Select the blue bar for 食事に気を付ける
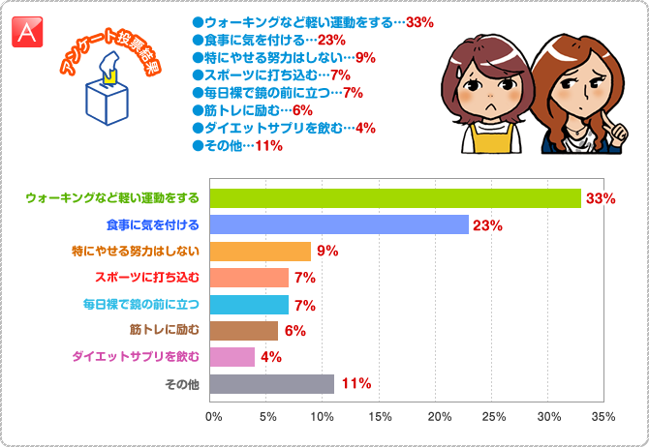pos(339,225)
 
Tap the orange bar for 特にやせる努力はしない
pos(261,252)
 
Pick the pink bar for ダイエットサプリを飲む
pos(233,357)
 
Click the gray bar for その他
pos(272,384)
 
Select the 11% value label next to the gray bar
pos(355,384)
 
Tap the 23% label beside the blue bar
pos(487,225)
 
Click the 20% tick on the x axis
pos(436,416)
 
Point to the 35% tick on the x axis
pos(603,416)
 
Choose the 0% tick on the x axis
pos(214,416)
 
